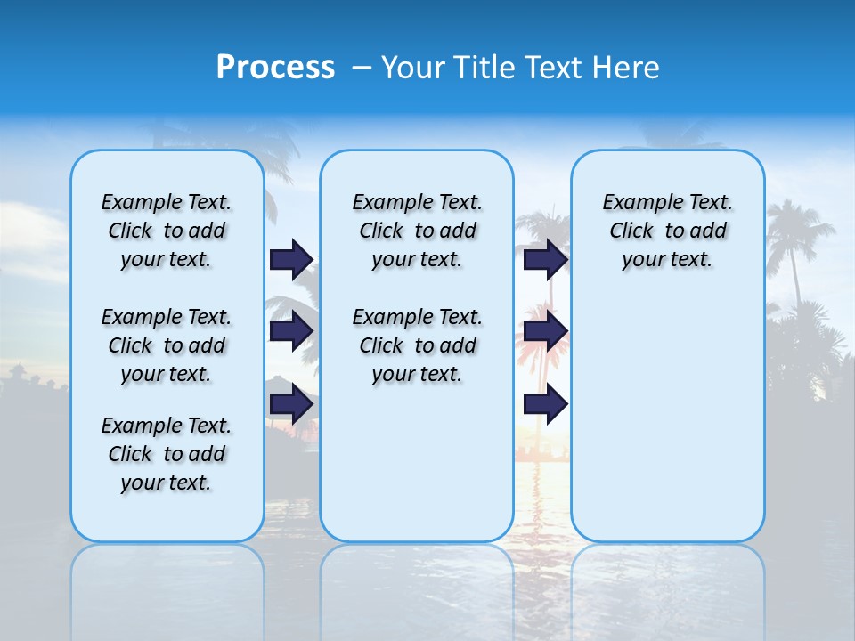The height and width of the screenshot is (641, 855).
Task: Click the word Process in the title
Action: (275, 68)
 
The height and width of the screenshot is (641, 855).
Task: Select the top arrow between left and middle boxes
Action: (291, 260)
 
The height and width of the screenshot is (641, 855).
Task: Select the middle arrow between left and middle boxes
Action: (291, 332)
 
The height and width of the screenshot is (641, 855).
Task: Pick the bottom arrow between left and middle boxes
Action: (291, 405)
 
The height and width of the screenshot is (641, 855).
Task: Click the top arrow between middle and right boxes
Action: (545, 260)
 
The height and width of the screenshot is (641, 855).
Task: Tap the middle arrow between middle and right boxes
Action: (545, 332)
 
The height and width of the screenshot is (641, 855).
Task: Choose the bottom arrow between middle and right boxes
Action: (545, 405)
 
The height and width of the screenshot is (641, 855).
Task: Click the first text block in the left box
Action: (167, 231)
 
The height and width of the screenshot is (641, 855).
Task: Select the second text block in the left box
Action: (167, 345)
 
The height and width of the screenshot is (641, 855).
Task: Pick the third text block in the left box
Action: (167, 454)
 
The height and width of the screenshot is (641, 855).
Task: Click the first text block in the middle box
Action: (417, 231)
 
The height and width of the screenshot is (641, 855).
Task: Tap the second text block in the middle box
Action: (417, 345)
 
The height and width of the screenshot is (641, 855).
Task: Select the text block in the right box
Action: (667, 231)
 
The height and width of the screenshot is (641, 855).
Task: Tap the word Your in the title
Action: (415, 68)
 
